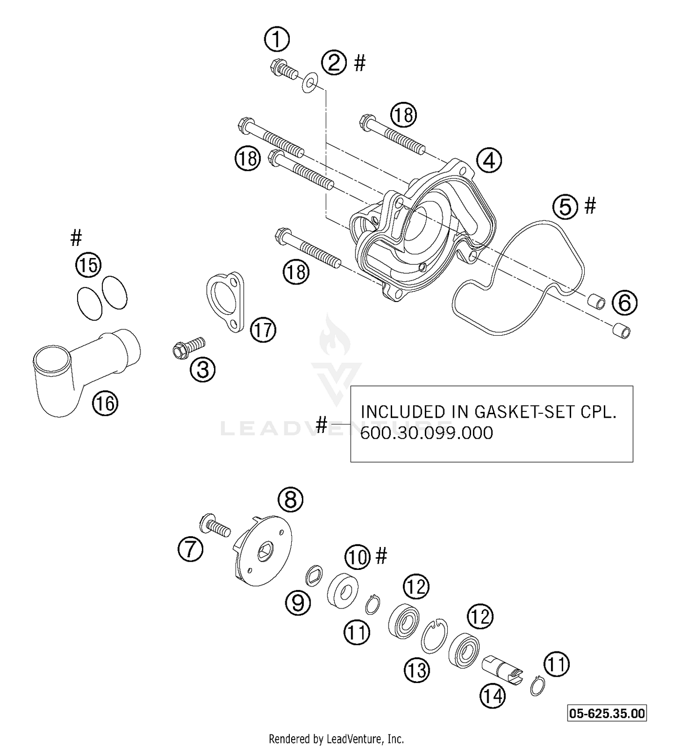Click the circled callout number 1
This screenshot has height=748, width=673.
[277, 39]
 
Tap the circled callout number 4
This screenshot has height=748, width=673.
[489, 160]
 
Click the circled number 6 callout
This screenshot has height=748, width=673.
[625, 302]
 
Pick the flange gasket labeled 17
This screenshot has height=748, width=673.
[225, 302]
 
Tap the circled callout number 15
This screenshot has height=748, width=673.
[88, 265]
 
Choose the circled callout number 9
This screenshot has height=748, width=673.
[298, 603]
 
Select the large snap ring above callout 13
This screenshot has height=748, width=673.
[434, 635]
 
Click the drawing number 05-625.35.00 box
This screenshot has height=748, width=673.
[607, 713]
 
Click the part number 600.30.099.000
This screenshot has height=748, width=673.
[426, 433]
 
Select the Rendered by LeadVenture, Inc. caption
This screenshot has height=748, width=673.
[336, 738]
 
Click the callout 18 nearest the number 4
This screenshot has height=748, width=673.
[403, 115]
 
